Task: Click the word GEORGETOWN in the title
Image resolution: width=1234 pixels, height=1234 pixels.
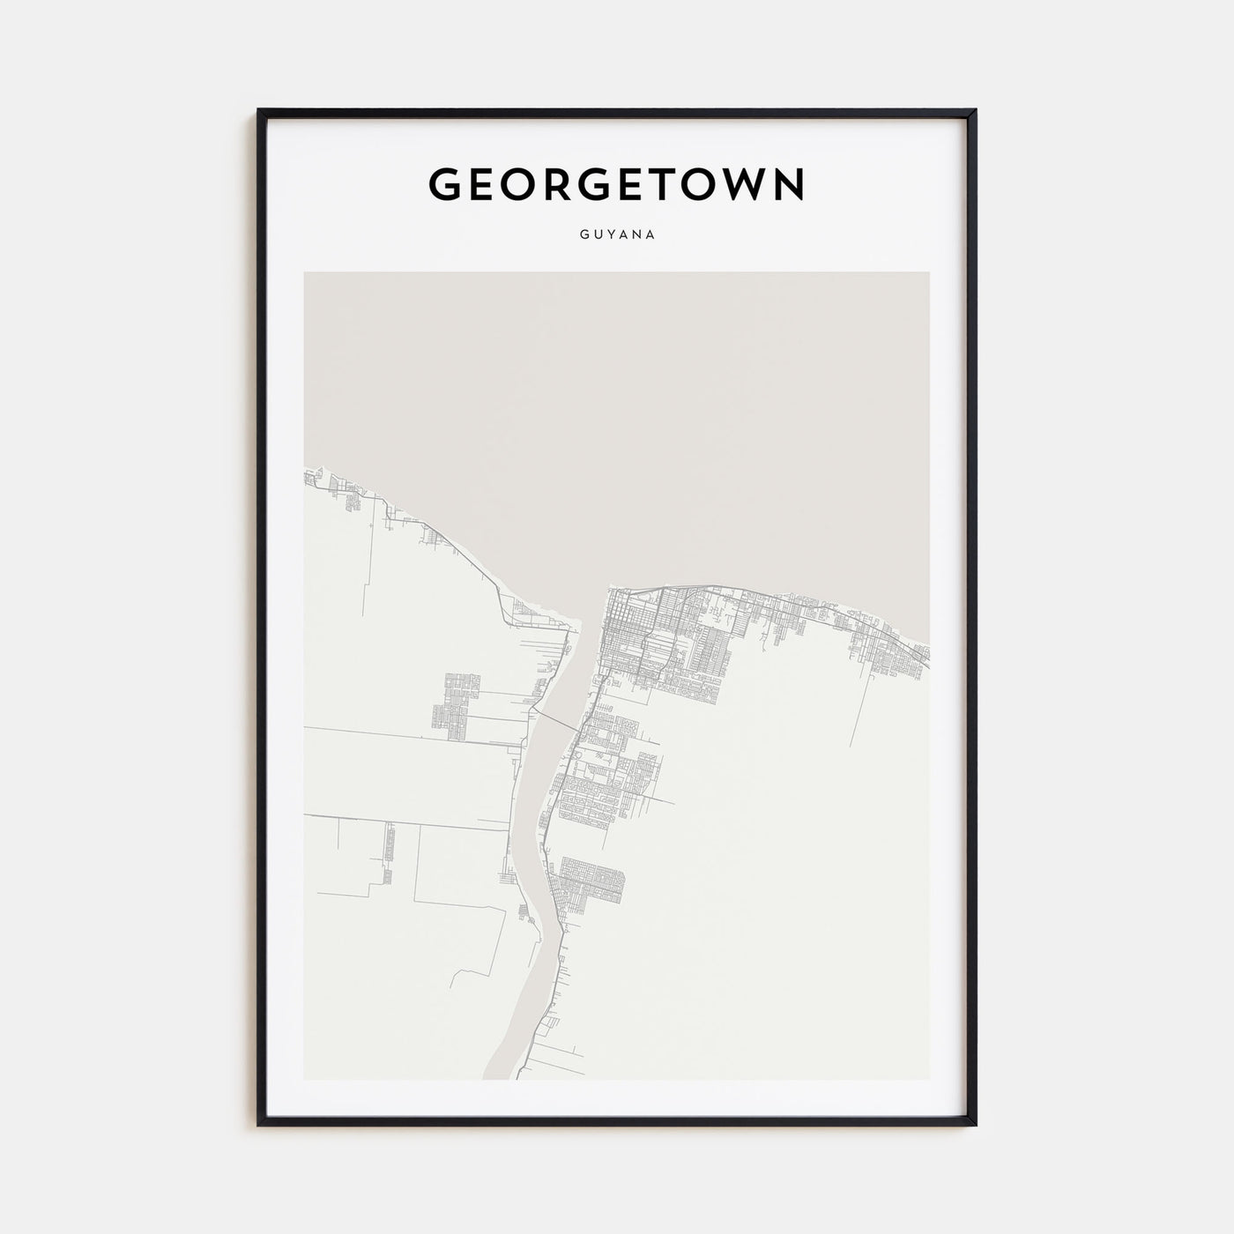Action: (x=616, y=183)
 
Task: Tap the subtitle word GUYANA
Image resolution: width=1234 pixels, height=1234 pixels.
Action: (x=616, y=235)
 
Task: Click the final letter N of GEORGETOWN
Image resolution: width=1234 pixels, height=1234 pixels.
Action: (x=788, y=183)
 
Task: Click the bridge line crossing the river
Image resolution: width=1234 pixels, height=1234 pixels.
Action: (x=555, y=718)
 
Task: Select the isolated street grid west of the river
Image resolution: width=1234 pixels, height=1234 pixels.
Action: (x=455, y=700)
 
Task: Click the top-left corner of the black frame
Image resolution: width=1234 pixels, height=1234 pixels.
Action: (x=259, y=111)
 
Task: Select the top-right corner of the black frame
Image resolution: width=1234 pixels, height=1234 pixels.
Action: (x=975, y=111)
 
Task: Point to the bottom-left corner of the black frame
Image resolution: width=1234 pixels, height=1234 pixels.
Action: (x=259, y=1125)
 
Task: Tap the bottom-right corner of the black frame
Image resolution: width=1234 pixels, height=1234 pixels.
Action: (x=975, y=1125)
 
